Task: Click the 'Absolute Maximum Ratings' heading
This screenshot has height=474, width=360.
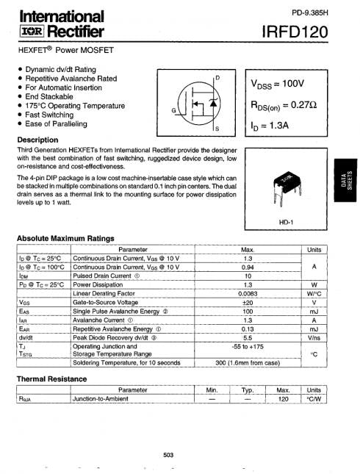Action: click(x=65, y=238)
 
